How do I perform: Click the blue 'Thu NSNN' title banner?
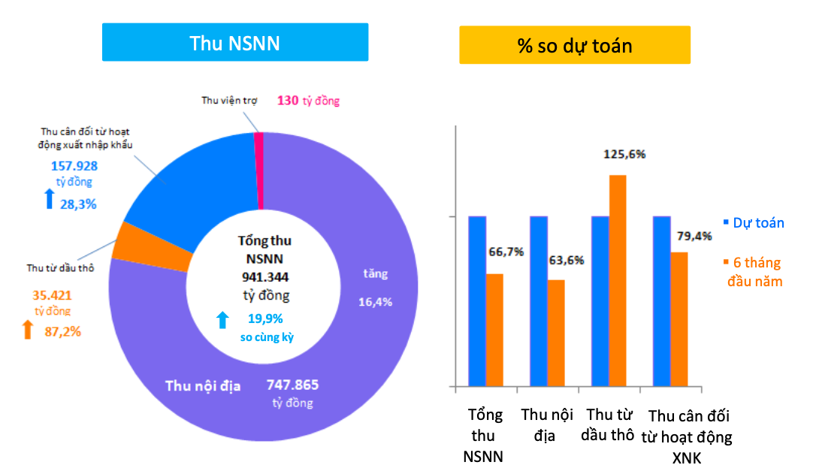235,43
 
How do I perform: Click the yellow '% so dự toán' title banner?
575,46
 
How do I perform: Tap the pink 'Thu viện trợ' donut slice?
259,169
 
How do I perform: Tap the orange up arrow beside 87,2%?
28,330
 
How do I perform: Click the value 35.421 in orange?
53,295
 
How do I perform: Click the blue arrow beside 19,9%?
222,321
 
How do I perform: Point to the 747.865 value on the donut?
292,385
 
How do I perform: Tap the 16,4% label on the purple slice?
376,301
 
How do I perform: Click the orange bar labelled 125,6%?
618,281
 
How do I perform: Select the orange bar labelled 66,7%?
494,331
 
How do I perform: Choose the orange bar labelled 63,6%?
556,334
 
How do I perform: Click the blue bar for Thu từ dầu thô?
600,301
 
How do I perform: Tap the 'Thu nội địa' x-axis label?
547,424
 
